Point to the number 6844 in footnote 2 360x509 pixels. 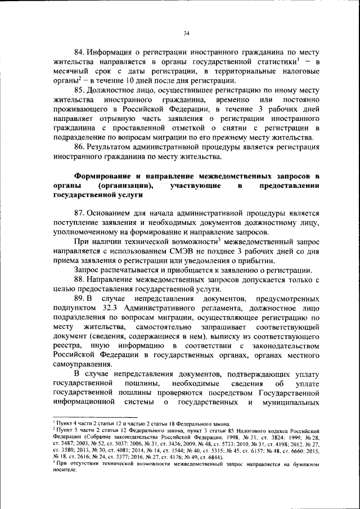[214, 458]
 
